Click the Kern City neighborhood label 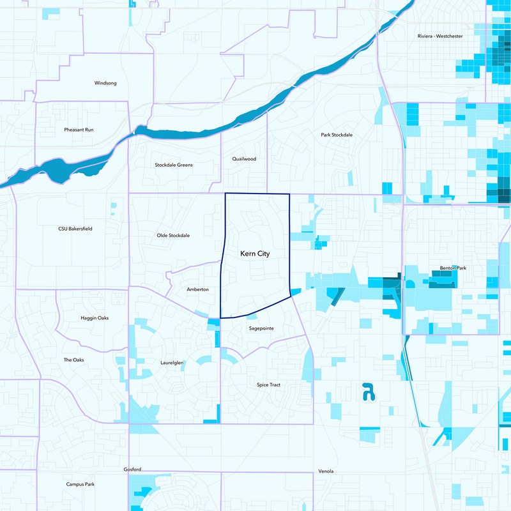coord(254,254)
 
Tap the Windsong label coord(105,83)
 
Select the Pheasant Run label coord(79,130)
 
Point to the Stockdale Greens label coord(174,165)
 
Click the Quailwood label coord(244,158)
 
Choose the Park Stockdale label coord(337,135)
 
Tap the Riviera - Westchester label coord(439,36)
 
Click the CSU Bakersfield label coord(75,228)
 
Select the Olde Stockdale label coord(173,235)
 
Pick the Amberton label coord(197,289)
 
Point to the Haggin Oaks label coord(95,318)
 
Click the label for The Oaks coord(73,360)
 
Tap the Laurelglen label coord(172,363)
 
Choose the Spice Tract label coord(268,385)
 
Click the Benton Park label coord(453,268)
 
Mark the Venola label coord(326,471)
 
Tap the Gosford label coord(132,469)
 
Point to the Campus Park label coord(80,484)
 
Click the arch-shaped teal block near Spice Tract coord(368,391)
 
